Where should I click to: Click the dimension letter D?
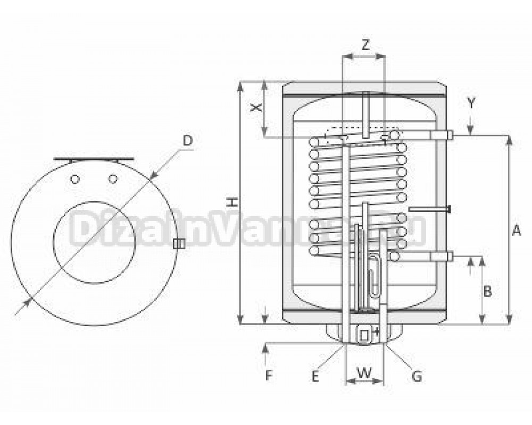(187, 140)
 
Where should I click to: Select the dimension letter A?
(516, 231)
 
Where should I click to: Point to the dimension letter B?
(488, 291)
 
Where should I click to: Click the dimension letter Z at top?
(365, 46)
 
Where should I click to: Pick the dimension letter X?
(257, 107)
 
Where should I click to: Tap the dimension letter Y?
(471, 103)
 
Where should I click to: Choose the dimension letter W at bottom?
(364, 373)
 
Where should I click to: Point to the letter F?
(269, 376)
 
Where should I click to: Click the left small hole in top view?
(76, 179)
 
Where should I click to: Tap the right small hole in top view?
(112, 179)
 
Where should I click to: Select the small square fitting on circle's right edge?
(179, 243)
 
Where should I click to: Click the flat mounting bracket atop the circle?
(94, 159)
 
